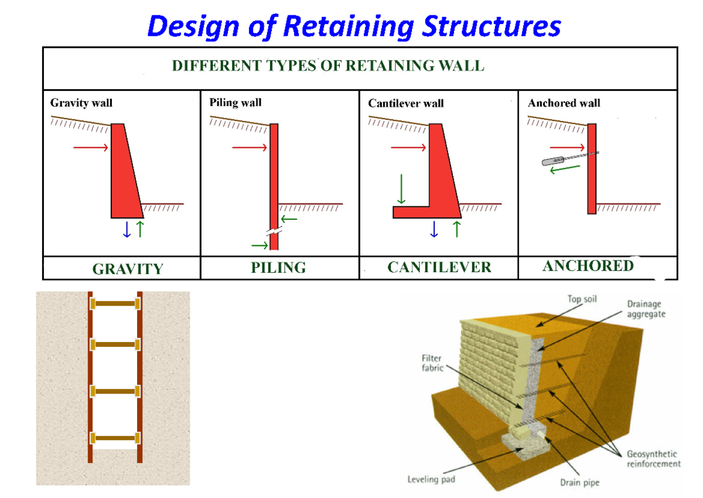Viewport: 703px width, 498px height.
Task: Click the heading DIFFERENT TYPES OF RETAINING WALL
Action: point(327,66)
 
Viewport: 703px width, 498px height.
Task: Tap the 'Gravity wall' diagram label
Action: point(81,103)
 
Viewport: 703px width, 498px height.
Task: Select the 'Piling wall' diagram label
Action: point(236,103)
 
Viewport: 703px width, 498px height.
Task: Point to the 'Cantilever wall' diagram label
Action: point(406,103)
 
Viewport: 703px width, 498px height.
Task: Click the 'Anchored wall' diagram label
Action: point(564,103)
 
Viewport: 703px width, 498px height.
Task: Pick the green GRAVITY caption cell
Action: point(127,269)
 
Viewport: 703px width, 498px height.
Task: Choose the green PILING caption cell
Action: point(278,268)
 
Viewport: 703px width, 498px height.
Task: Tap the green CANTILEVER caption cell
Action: point(439,267)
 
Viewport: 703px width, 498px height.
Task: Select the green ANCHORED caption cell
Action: point(588,266)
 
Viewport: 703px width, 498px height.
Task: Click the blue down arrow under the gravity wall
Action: point(127,229)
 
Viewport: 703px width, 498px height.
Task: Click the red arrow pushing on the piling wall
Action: point(250,147)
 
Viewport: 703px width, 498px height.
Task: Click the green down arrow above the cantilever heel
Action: point(401,188)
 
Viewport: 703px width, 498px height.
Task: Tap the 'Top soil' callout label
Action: point(582,299)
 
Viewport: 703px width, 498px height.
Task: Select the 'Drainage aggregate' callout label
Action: point(646,309)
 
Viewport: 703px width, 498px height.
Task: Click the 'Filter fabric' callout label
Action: point(432,363)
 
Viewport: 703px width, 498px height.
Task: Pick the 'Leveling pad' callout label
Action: point(431,479)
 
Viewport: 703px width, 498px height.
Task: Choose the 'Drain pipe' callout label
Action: point(579,483)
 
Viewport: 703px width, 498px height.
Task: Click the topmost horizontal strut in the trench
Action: point(115,303)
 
